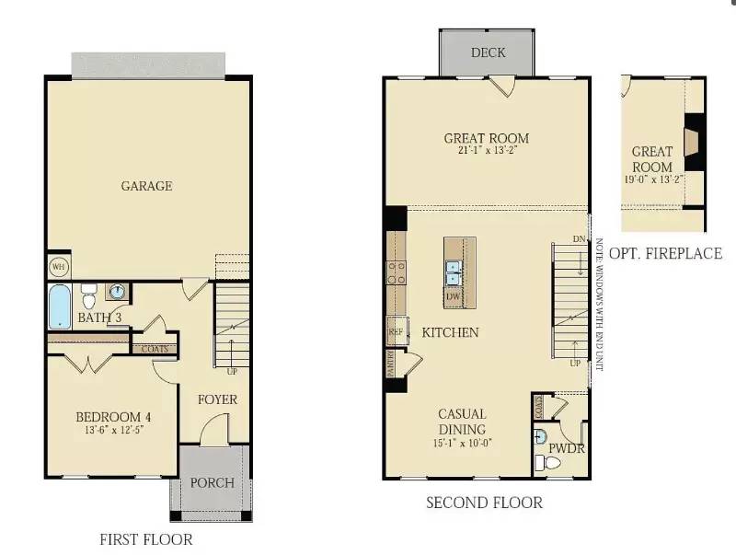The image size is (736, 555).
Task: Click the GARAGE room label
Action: click(x=147, y=186)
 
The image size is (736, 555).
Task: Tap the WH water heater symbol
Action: click(x=58, y=267)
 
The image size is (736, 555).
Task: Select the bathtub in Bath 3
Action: click(x=59, y=306)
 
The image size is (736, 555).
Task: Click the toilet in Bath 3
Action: click(x=89, y=296)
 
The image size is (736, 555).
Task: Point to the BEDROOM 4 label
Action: click(x=113, y=417)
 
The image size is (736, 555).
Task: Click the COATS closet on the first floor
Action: click(x=155, y=349)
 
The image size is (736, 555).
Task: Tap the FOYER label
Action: click(x=218, y=399)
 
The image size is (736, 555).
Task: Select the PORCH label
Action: click(x=212, y=482)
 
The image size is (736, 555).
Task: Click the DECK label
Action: click(x=488, y=52)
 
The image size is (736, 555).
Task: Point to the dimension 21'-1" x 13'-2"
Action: click(x=487, y=150)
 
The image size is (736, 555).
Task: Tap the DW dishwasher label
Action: click(x=453, y=296)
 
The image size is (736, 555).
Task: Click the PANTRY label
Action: click(x=391, y=364)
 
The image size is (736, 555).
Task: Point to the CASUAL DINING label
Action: click(x=462, y=422)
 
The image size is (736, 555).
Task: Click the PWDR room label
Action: click(x=568, y=449)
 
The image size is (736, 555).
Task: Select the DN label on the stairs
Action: click(x=579, y=240)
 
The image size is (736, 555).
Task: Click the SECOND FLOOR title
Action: click(x=484, y=503)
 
